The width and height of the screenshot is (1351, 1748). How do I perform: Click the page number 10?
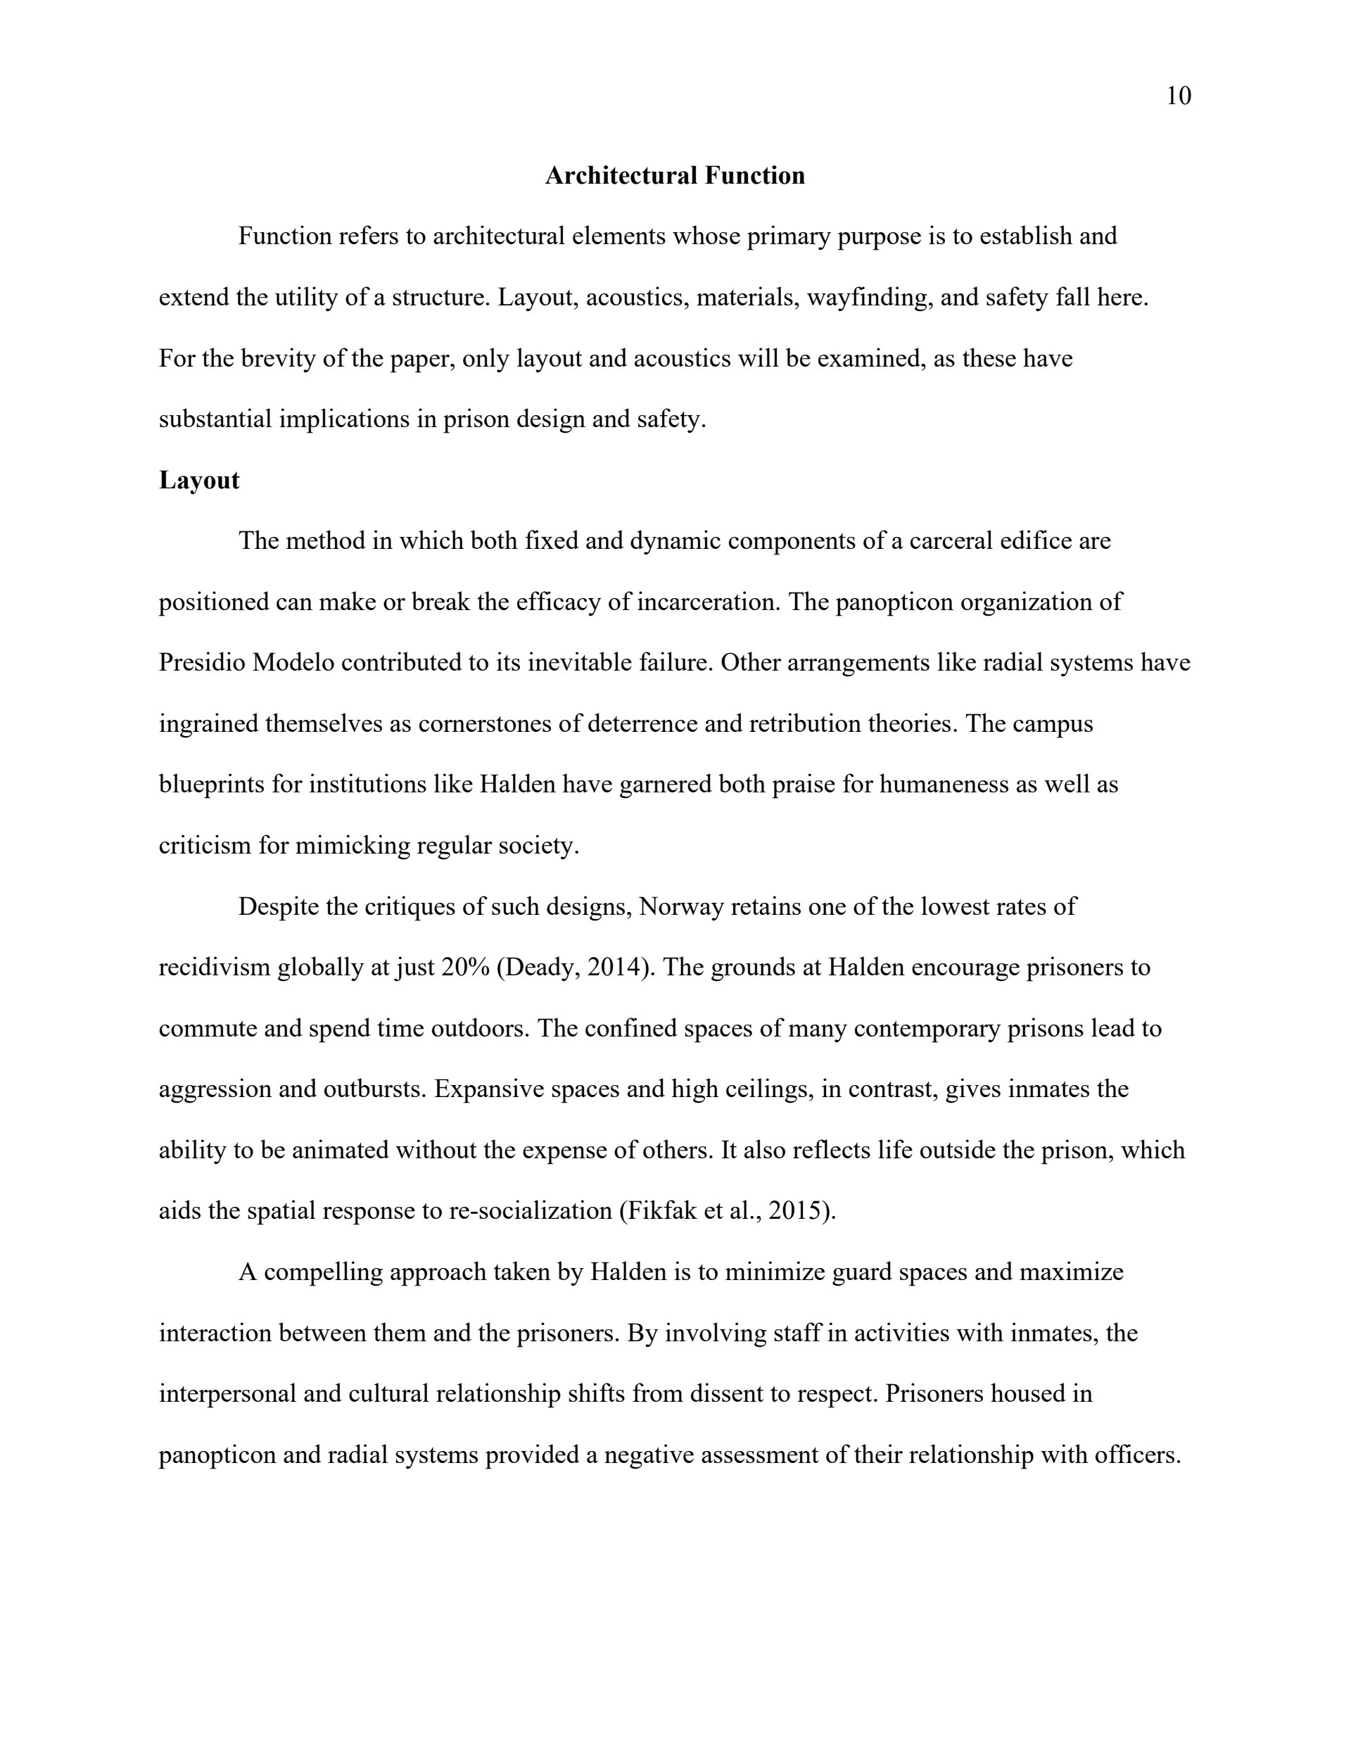pyautogui.click(x=1178, y=96)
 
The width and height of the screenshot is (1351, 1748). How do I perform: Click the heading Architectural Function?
pyautogui.click(x=675, y=175)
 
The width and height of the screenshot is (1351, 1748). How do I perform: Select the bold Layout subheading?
pyautogui.click(x=199, y=480)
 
